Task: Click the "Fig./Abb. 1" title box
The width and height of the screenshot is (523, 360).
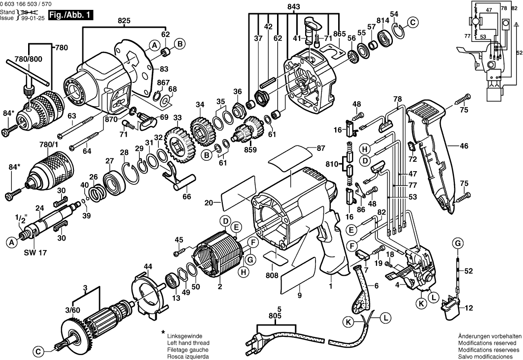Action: pos(72,15)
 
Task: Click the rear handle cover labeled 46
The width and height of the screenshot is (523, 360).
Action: pos(433,158)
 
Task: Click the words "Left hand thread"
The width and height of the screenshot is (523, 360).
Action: pos(189,343)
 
